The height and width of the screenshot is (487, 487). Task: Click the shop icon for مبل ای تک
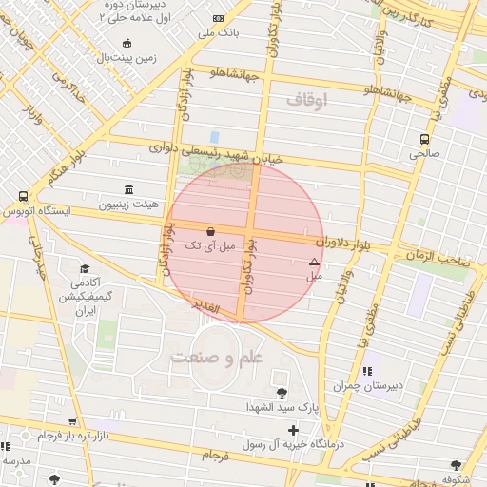click(x=209, y=231)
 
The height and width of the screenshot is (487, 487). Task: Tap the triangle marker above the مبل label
click(x=314, y=262)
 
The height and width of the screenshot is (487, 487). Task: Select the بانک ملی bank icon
click(x=220, y=18)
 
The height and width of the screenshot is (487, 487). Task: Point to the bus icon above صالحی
click(x=424, y=138)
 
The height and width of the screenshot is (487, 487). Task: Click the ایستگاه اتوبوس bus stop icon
click(x=22, y=196)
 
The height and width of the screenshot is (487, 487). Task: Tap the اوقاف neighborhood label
click(x=305, y=98)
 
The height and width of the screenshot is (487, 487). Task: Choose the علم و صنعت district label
click(x=216, y=356)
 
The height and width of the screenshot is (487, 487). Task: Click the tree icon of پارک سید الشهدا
click(x=281, y=393)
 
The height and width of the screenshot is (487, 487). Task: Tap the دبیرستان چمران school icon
click(x=366, y=372)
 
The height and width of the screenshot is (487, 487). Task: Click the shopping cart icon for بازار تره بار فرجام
click(x=72, y=420)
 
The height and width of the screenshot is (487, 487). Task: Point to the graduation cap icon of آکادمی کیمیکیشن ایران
click(x=85, y=269)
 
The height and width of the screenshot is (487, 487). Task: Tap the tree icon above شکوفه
click(x=456, y=465)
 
